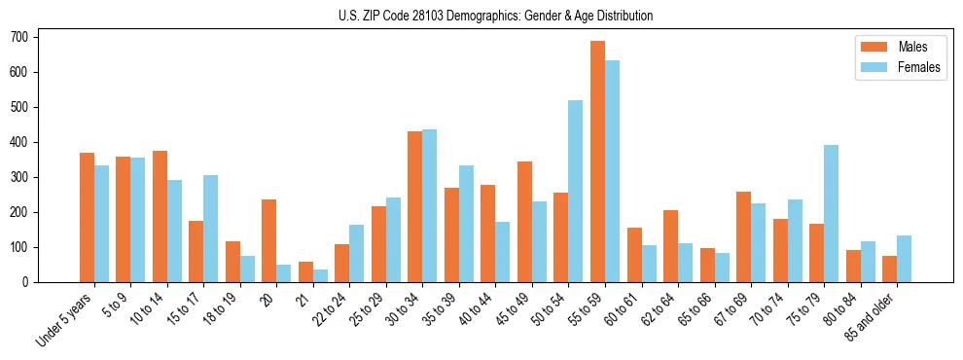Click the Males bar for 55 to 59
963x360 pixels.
[x=597, y=162]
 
